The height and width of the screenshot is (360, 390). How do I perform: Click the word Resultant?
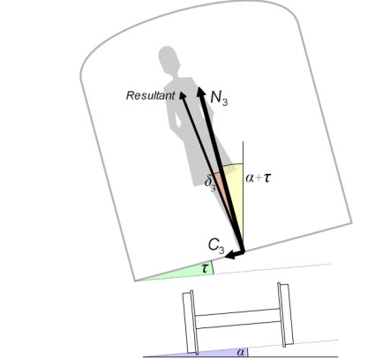click(x=150, y=95)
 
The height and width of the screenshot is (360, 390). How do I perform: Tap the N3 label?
click(x=219, y=98)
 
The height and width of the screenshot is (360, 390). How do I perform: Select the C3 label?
click(x=216, y=246)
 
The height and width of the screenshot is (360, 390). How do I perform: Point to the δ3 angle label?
click(x=211, y=183)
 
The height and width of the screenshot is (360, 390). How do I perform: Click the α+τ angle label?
click(x=258, y=178)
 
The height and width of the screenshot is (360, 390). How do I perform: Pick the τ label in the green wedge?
click(x=205, y=268)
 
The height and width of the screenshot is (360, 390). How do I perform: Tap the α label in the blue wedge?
click(x=241, y=352)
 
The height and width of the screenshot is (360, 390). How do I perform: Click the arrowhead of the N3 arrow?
click(x=201, y=92)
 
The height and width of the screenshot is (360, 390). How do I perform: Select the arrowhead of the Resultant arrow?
click(x=183, y=95)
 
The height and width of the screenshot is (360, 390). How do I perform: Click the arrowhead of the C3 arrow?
click(x=230, y=255)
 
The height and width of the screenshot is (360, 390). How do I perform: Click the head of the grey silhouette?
click(x=169, y=58)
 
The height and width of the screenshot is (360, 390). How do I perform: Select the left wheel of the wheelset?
click(x=190, y=322)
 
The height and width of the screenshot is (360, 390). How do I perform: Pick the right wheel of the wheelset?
click(x=285, y=315)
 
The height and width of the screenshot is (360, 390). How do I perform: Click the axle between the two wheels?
click(x=238, y=319)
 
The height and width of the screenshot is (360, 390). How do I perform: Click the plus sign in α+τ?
click(x=258, y=178)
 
